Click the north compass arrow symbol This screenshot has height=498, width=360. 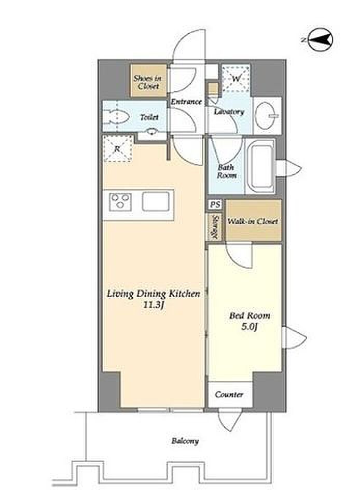(x=321, y=40)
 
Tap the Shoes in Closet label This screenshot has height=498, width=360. (x=148, y=81)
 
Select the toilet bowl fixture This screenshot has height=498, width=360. (x=116, y=117)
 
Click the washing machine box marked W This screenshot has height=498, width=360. (x=236, y=78)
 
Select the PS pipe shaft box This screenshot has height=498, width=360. (x=216, y=204)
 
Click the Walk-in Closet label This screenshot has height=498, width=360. (x=253, y=221)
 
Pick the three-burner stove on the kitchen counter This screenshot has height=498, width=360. (x=120, y=201)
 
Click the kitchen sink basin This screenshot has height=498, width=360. (x=156, y=201)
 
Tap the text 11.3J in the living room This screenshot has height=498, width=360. (x=154, y=305)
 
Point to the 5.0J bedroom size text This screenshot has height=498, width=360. (x=249, y=326)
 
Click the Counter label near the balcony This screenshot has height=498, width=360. (x=229, y=394)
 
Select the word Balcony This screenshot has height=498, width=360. (x=185, y=441)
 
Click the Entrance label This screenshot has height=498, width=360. (x=186, y=102)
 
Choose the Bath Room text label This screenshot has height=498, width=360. (x=226, y=171)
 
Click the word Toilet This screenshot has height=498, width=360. (x=149, y=117)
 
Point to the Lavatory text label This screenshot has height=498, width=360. (x=229, y=112)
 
